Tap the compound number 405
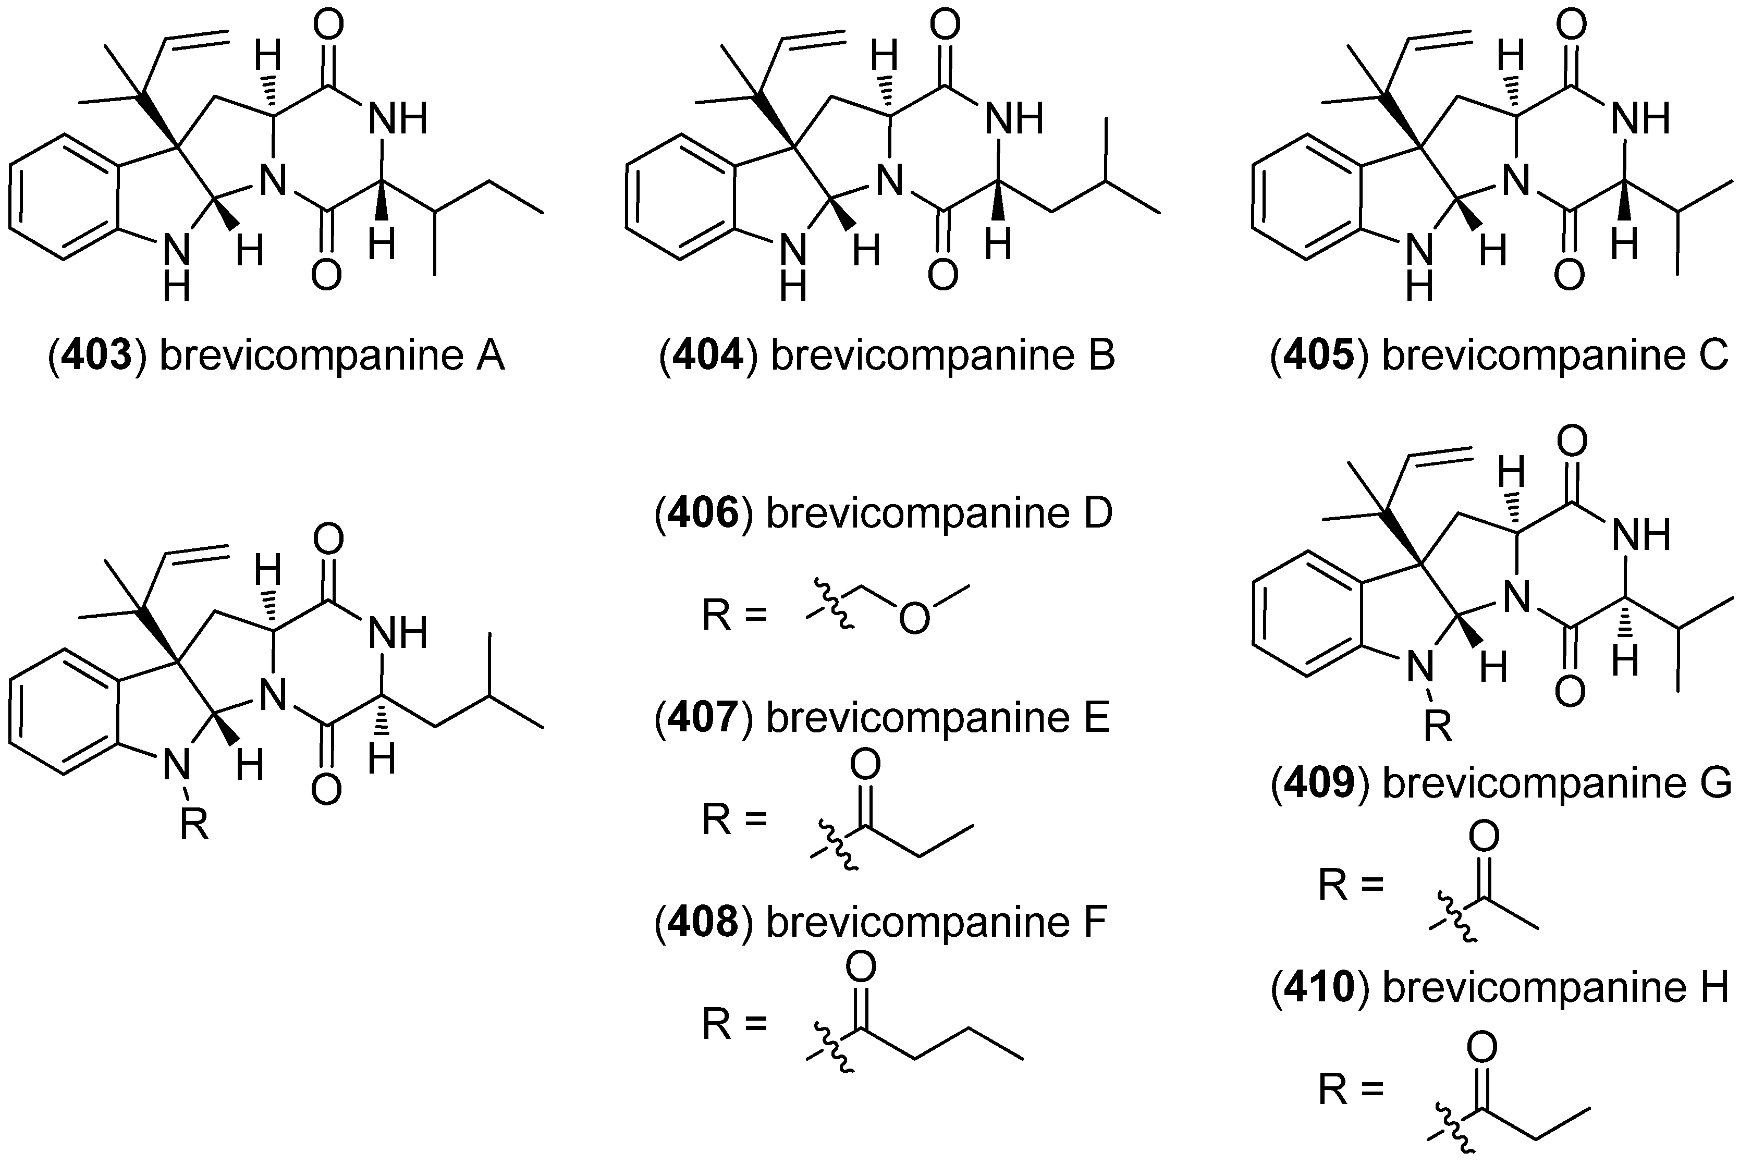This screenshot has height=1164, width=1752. pyautogui.click(x=1321, y=357)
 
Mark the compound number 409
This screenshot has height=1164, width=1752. pyautogui.click(x=1321, y=783)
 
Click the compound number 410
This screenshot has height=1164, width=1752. pyautogui.click(x=1321, y=987)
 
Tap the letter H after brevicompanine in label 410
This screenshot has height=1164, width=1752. pyautogui.click(x=1712, y=987)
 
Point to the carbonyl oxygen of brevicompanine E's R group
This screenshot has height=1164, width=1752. pyautogui.click(x=865, y=763)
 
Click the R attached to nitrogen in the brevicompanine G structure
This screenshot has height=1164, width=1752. pyautogui.click(x=1438, y=728)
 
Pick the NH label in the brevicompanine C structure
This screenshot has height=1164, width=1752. pyautogui.click(x=1641, y=119)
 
